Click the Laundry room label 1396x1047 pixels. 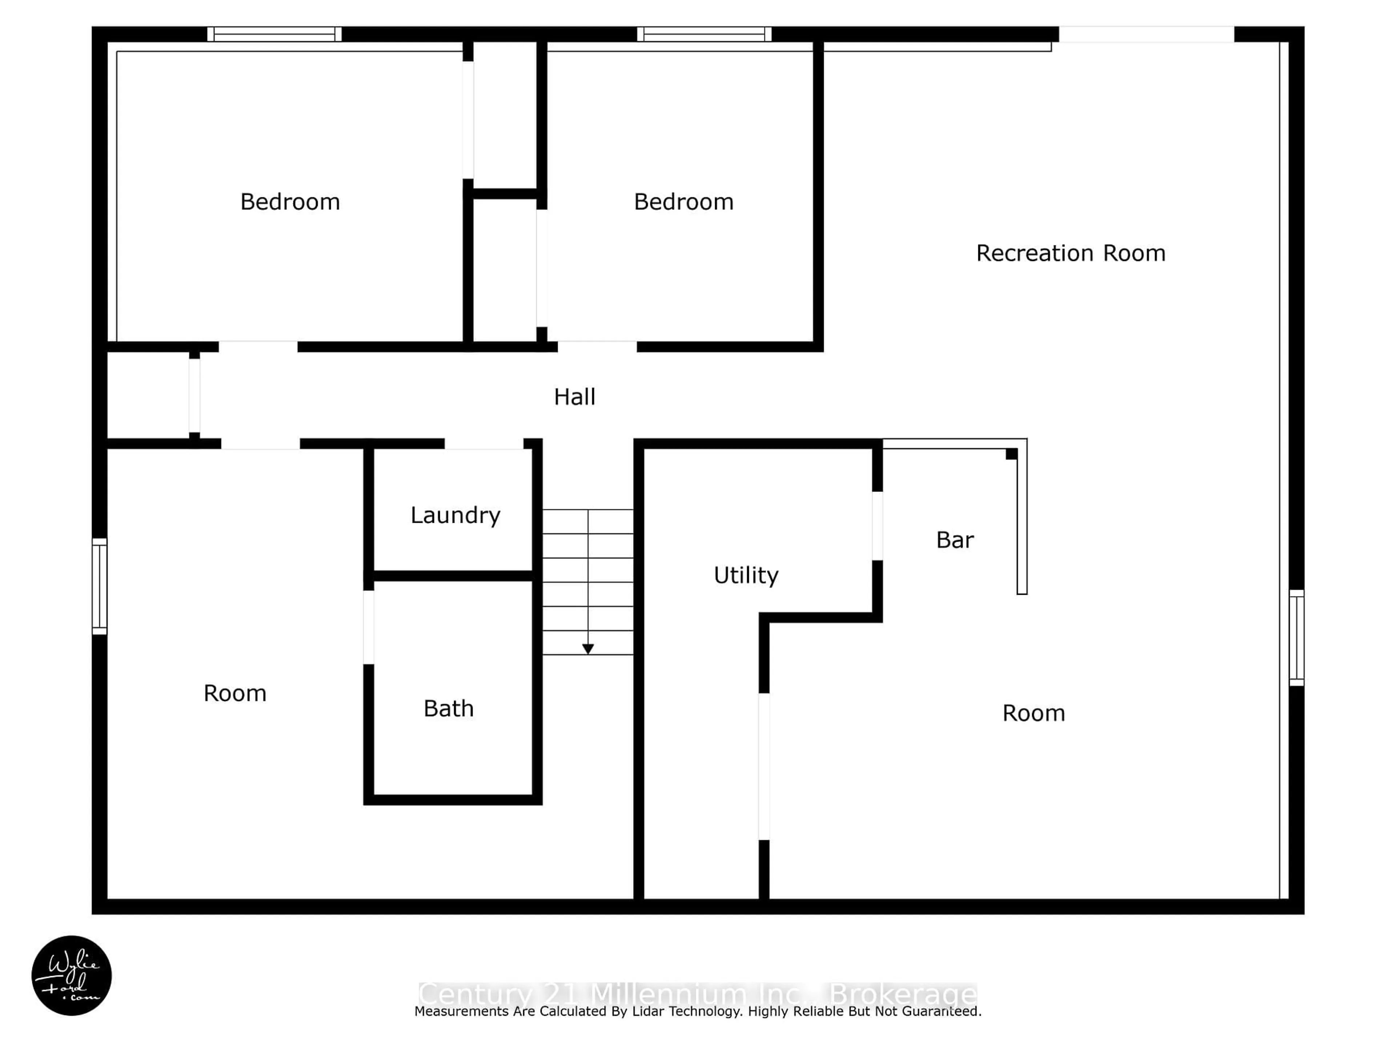(x=455, y=516)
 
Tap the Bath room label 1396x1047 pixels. (x=448, y=709)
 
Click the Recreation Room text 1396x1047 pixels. (x=1070, y=253)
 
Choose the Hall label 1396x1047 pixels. (x=574, y=397)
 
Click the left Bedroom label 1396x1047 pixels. (x=290, y=202)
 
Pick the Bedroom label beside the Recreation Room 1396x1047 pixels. (x=683, y=202)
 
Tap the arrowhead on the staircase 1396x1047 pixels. (x=587, y=649)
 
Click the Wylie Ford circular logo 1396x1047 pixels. (x=71, y=975)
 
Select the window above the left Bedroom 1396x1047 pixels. (x=274, y=34)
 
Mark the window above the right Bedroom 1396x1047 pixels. (x=704, y=34)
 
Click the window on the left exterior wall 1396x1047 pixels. (x=100, y=586)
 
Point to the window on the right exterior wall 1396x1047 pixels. (x=1296, y=637)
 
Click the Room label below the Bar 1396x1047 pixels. (x=1033, y=713)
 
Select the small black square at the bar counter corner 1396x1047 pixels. (x=1011, y=454)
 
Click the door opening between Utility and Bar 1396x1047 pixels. (x=877, y=526)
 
